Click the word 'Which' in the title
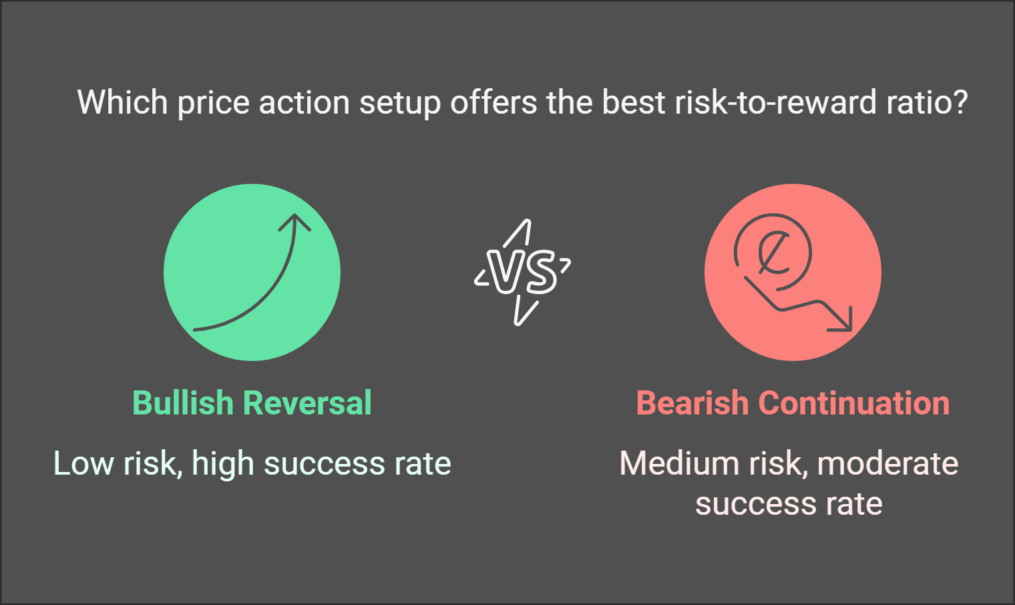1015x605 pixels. [122, 102]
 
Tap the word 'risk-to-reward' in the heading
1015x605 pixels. [776, 102]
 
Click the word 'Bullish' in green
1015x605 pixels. [182, 402]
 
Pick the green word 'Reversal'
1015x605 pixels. [308, 402]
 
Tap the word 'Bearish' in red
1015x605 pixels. [692, 402]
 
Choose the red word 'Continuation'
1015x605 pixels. [854, 402]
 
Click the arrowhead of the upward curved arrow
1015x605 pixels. [294, 222]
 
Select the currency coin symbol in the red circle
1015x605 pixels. [773, 252]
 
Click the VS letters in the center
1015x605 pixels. [522, 271]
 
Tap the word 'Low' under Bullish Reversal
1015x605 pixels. [83, 463]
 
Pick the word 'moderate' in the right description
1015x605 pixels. [887, 463]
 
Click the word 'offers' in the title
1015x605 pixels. [493, 102]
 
